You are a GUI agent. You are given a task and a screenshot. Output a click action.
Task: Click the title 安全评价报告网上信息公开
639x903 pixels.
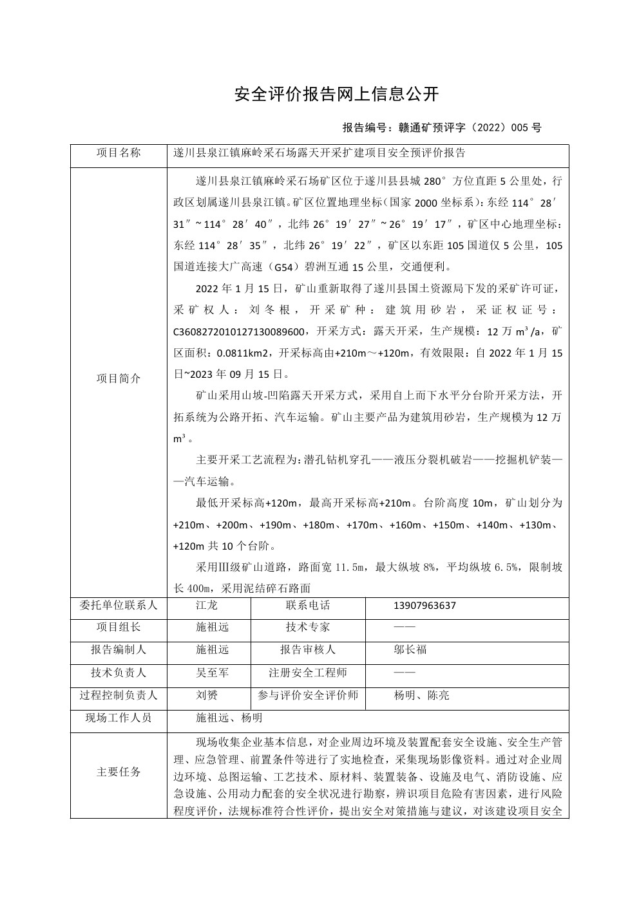[x=336, y=95]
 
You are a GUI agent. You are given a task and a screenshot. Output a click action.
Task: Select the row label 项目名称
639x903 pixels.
[x=119, y=153]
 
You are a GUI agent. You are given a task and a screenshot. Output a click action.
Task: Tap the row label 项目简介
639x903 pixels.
[x=119, y=378]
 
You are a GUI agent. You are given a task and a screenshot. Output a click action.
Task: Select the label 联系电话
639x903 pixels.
[x=307, y=606]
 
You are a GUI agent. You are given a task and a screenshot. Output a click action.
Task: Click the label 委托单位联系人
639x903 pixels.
[x=119, y=606]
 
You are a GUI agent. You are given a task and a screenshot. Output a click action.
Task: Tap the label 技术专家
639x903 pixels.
[x=307, y=628]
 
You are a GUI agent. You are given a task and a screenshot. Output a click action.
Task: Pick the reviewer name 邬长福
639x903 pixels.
[x=410, y=650]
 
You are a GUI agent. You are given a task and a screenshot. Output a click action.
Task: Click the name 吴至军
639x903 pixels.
[x=212, y=673]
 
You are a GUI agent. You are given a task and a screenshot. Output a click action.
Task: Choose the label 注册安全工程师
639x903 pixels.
[x=307, y=673]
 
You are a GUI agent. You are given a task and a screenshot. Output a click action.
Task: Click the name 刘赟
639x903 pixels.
[x=207, y=695]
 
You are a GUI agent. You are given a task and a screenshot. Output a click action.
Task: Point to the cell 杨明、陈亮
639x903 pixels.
[x=421, y=695]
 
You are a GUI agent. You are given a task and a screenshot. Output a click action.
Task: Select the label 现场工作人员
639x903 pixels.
[x=119, y=718]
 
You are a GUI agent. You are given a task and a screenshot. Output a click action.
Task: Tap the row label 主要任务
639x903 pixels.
[x=119, y=772]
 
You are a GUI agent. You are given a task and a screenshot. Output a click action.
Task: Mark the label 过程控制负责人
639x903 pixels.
[x=119, y=695]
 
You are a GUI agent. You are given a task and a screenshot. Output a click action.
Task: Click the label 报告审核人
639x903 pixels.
[x=307, y=650]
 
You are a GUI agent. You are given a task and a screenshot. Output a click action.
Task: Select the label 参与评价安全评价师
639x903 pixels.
[x=307, y=695]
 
